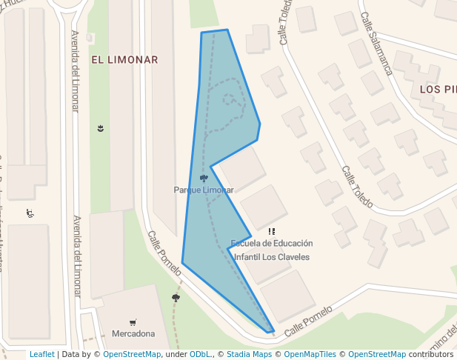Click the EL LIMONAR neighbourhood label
pyautogui.click(x=124, y=60)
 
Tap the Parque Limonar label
pyautogui.click(x=204, y=190)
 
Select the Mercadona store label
pyautogui.click(x=133, y=333)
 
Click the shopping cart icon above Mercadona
pyautogui.click(x=133, y=322)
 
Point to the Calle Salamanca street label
pyautogui.click(x=376, y=44)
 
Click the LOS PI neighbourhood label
pyautogui.click(x=438, y=90)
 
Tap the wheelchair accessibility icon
pyautogui.click(x=30, y=213)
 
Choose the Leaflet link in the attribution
pyautogui.click(x=41, y=354)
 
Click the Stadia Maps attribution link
pyautogui.click(x=249, y=354)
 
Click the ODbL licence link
pyautogui.click(x=200, y=354)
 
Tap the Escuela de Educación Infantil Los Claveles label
pyautogui.click(x=271, y=250)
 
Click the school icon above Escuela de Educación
pyautogui.click(x=272, y=232)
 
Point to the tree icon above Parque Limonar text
pyautogui.click(x=204, y=179)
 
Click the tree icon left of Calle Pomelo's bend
pyautogui.click(x=176, y=298)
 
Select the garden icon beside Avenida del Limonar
pyautogui.click(x=100, y=129)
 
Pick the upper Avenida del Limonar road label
pyautogui.click(x=75, y=70)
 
